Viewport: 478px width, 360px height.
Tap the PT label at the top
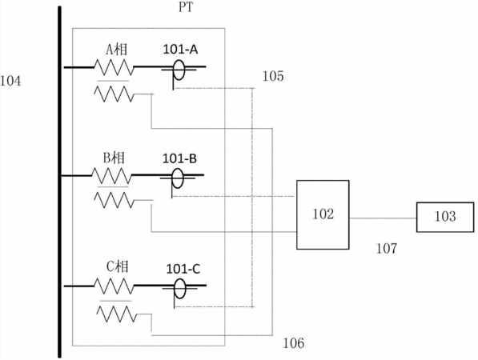(x=186, y=7)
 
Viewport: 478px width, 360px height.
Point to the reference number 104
(x=10, y=81)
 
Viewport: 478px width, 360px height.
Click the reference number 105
(x=273, y=76)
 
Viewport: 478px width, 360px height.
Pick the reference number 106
(x=294, y=343)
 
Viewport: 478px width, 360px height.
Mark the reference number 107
(x=387, y=249)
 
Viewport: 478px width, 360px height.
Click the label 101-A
(x=180, y=50)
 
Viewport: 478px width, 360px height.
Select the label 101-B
(x=179, y=158)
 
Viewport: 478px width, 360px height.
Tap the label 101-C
(x=183, y=269)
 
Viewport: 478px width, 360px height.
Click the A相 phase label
(x=117, y=50)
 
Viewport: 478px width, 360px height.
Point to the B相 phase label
(x=114, y=158)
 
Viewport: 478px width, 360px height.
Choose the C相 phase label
(x=117, y=267)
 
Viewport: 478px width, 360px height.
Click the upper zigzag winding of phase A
(x=114, y=67)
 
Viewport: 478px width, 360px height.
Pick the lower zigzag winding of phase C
(x=117, y=314)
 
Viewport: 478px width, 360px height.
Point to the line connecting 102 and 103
(x=383, y=218)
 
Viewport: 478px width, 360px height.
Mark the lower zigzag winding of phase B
(x=114, y=200)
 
